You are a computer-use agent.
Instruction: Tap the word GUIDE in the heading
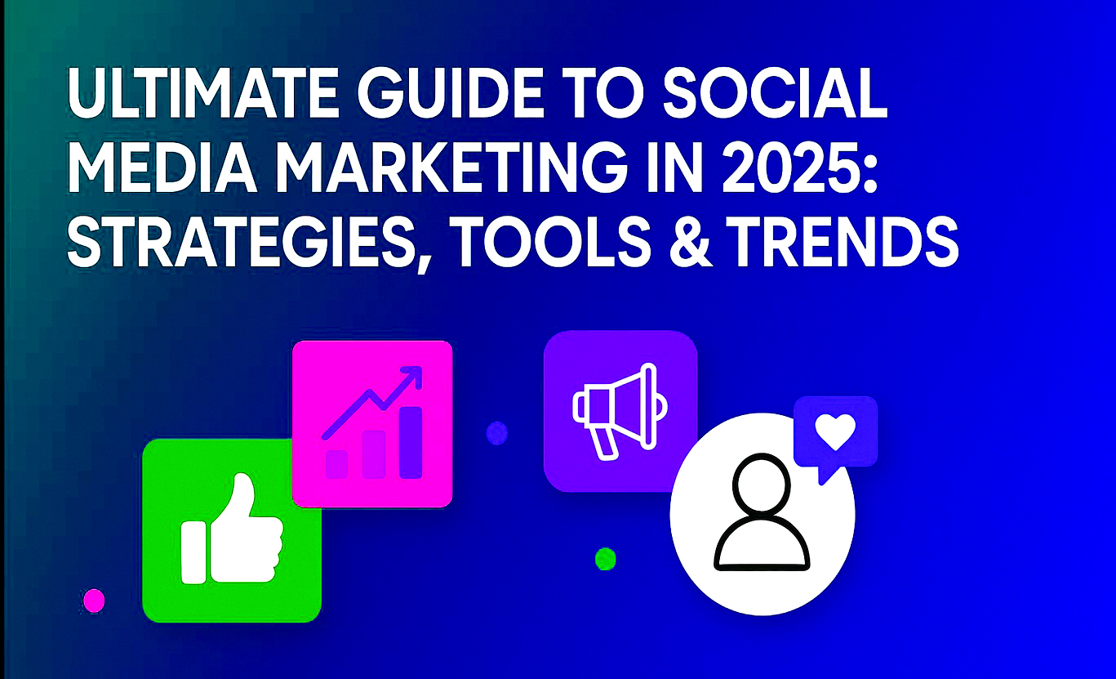point(449,96)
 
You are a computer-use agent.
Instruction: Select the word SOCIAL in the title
point(774,96)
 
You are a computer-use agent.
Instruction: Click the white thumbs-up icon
point(232,530)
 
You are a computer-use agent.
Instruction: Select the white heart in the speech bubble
point(835,432)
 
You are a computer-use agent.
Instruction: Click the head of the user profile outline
point(761,483)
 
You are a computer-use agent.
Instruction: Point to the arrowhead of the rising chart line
point(414,376)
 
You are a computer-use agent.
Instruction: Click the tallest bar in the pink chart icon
point(411,442)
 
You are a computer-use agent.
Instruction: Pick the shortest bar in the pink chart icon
point(337,464)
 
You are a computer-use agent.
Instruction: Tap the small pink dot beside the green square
point(94,601)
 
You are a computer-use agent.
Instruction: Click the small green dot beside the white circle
point(605,558)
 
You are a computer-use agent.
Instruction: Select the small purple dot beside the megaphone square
point(496,433)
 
